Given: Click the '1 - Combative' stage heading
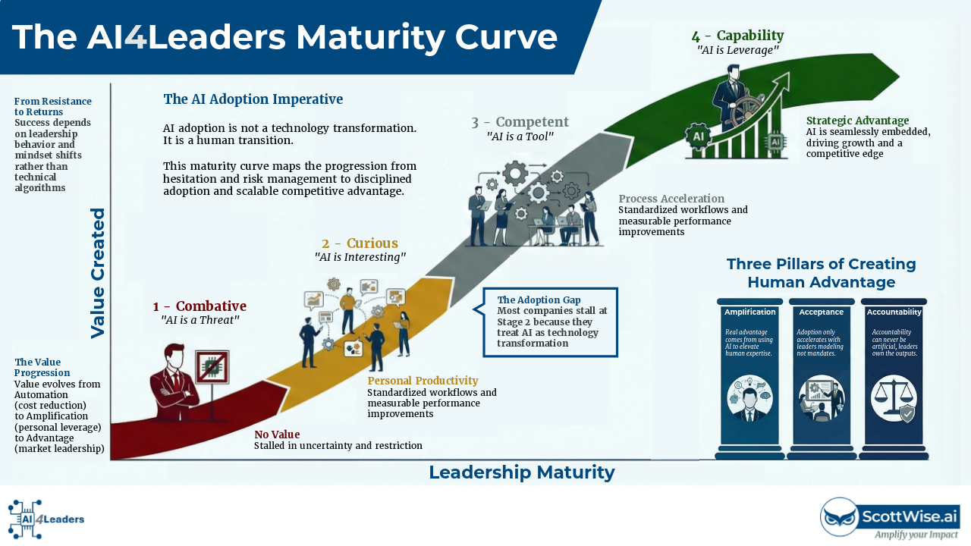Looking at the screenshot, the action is coord(200,306).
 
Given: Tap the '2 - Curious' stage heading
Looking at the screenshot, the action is coord(360,243).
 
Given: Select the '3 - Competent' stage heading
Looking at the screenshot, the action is coord(520,122).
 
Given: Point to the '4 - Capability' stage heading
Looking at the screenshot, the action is coord(737,36).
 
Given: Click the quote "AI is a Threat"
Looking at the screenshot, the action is coord(200,320).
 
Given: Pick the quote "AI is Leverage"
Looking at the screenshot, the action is coord(737,50).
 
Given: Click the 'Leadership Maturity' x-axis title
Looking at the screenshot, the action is coord(521,472).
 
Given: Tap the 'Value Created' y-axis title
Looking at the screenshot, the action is coord(98,273).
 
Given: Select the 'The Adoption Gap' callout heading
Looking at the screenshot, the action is coord(539,300).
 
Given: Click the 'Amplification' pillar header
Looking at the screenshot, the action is coord(749,312).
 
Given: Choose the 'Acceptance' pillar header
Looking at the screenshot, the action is coord(821,312).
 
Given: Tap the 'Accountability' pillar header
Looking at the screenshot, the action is coord(894,312).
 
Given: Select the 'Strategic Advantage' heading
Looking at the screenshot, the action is coord(857,121).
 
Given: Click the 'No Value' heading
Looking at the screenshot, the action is coord(277,435).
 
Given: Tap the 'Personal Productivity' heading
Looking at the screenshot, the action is coord(423,381).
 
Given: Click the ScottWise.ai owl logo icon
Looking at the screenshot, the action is coord(840,517).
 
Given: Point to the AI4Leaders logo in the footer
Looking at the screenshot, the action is coord(46,519).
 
